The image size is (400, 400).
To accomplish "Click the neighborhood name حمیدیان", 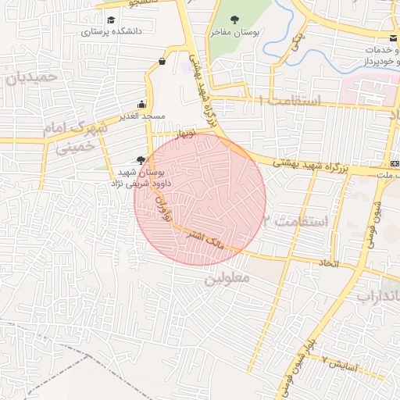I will (31, 77).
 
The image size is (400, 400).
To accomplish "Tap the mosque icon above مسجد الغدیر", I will (141, 104).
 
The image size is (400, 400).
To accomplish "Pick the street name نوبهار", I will (188, 134).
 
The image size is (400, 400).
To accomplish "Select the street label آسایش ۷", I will (339, 362).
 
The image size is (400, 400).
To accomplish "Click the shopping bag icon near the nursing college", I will (162, 61).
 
